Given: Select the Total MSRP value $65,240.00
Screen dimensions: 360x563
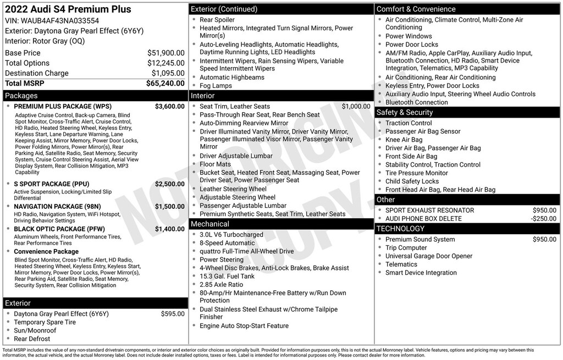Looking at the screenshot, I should (x=165, y=84).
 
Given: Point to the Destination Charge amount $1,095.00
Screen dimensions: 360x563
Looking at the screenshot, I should (x=168, y=73).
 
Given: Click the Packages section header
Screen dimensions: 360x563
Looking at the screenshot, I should (x=21, y=96).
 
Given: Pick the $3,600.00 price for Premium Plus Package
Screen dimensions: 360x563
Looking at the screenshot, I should (x=169, y=107).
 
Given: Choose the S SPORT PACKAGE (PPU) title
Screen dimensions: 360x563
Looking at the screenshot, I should (x=51, y=184).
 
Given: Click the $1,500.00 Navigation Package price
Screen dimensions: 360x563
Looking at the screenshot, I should (x=169, y=207).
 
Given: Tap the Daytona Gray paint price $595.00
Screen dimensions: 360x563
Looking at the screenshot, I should (x=173, y=314).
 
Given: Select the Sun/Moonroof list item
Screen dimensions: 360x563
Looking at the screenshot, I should (x=35, y=331).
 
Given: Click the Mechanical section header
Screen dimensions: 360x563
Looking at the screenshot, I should (x=210, y=224).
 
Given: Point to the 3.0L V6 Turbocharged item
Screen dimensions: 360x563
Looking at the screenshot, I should (x=231, y=235).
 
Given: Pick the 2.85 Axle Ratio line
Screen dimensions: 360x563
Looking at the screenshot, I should (x=221, y=285).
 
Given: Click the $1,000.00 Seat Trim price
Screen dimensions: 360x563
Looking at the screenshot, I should (x=356, y=107).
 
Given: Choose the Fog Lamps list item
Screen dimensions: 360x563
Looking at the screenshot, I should (x=216, y=86).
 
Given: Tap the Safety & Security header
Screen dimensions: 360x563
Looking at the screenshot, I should (x=405, y=113).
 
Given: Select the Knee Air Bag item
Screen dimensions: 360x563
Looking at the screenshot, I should (x=404, y=140).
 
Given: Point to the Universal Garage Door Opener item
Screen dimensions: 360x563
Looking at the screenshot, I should (x=429, y=256).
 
